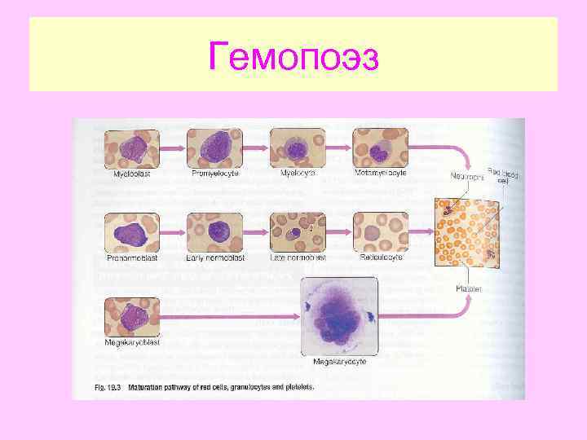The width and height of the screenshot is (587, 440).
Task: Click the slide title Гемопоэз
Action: tap(293, 55)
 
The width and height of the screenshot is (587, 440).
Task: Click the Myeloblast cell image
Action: tap(132, 148)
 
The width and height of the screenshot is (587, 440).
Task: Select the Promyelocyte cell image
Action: tap(214, 148)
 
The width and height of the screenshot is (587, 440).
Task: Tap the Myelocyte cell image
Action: tap(298, 148)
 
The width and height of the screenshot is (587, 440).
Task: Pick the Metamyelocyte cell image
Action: tap(379, 148)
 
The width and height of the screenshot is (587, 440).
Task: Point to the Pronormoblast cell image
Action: tap(132, 232)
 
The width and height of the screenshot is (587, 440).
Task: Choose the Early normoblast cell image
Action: tap(214, 232)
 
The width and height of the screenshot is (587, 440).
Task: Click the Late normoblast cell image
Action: tap(298, 232)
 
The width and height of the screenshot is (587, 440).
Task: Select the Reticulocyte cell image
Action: tap(379, 232)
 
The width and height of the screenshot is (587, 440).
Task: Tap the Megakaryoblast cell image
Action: tap(132, 317)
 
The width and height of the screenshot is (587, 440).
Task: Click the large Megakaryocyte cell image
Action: tap(339, 315)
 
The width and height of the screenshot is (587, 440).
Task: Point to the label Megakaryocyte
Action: tap(339, 361)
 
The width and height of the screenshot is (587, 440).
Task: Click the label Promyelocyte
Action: tap(214, 174)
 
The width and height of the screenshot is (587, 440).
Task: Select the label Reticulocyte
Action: tap(381, 257)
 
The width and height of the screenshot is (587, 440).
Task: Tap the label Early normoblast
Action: tap(214, 257)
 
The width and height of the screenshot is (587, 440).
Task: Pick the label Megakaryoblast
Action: tap(132, 343)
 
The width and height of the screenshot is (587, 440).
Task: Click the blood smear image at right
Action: tap(467, 232)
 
